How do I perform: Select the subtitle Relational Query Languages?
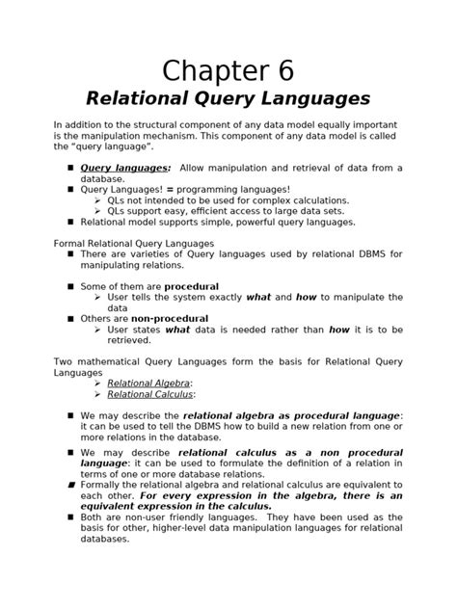click(x=228, y=98)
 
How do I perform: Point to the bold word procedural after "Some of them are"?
click(x=191, y=286)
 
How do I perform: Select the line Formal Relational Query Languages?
click(x=133, y=243)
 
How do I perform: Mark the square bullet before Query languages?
click(x=70, y=168)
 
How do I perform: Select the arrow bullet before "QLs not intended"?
click(x=97, y=200)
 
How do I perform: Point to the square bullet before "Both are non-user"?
click(x=70, y=517)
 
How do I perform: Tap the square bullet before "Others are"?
click(x=70, y=318)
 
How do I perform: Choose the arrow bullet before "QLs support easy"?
click(x=97, y=211)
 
